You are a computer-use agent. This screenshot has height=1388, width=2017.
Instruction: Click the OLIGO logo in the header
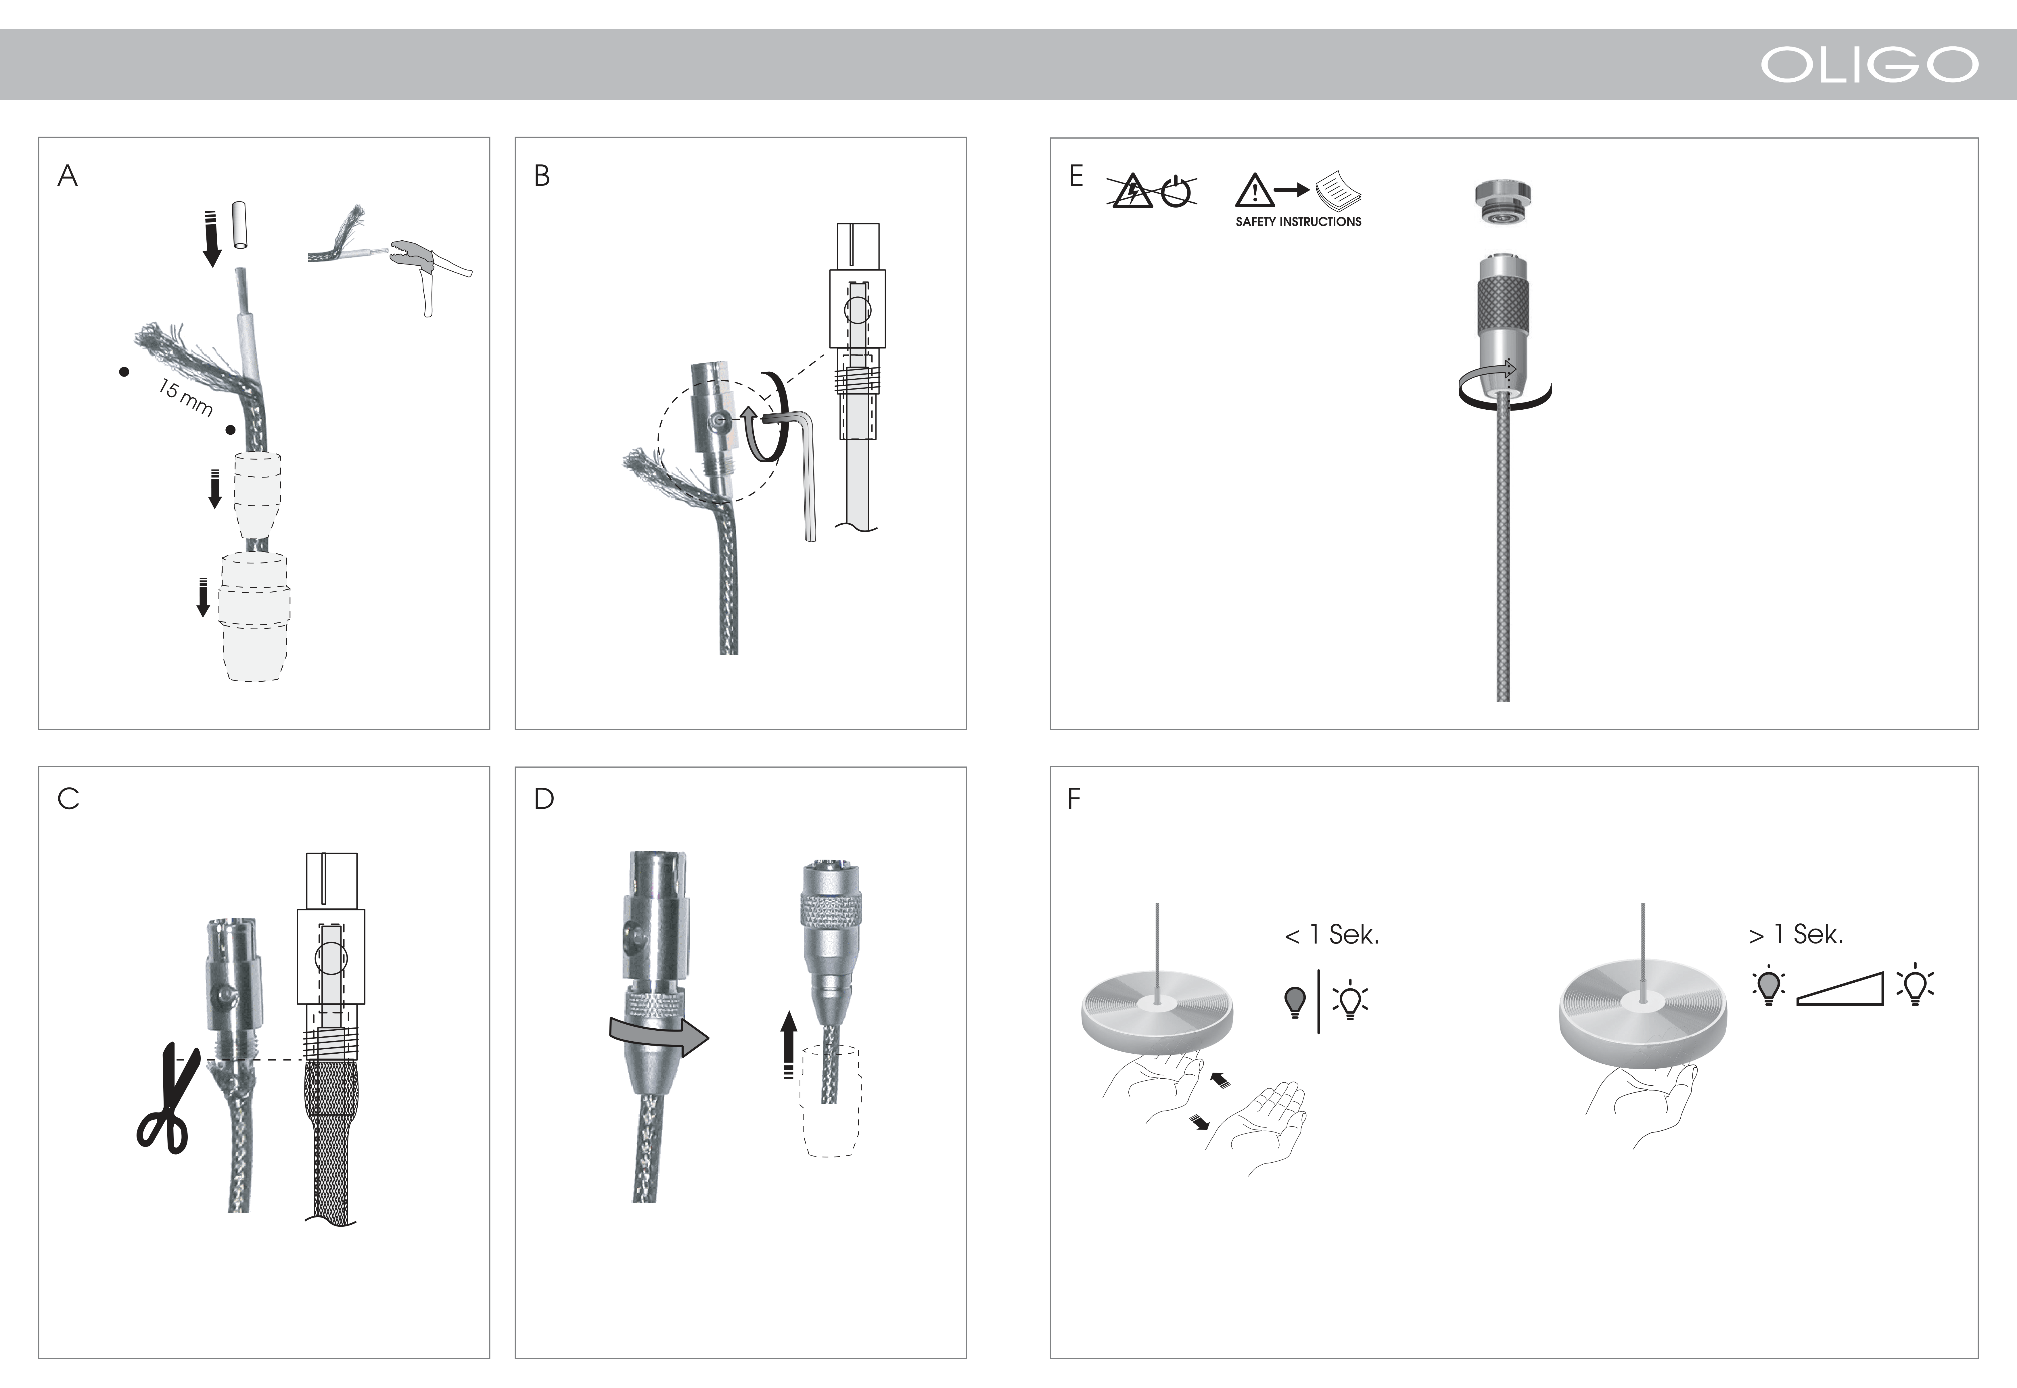click(1869, 64)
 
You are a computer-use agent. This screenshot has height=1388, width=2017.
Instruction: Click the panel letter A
click(68, 176)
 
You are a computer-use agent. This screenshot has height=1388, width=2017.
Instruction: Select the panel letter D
click(544, 798)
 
